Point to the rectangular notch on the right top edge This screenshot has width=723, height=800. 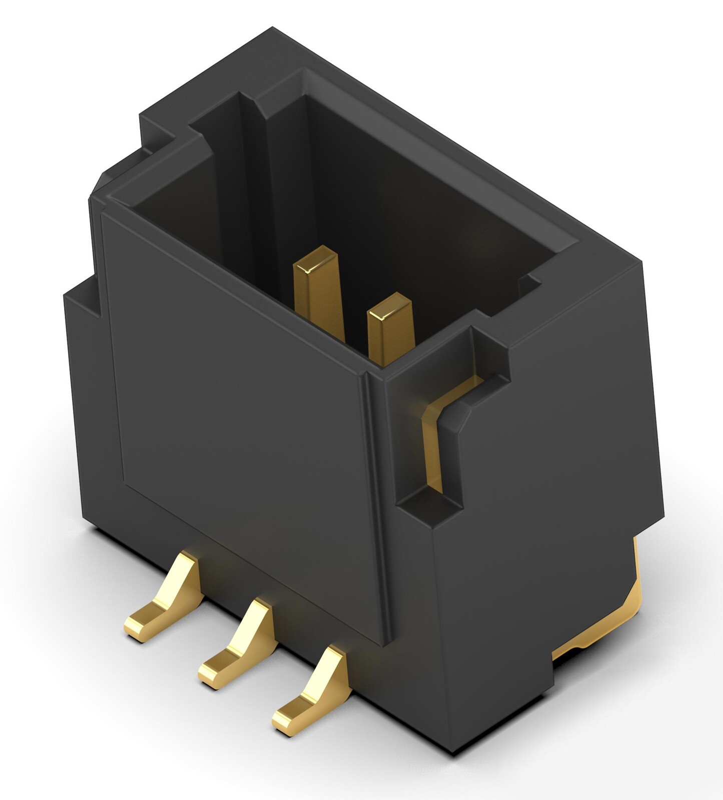coord(490,350)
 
